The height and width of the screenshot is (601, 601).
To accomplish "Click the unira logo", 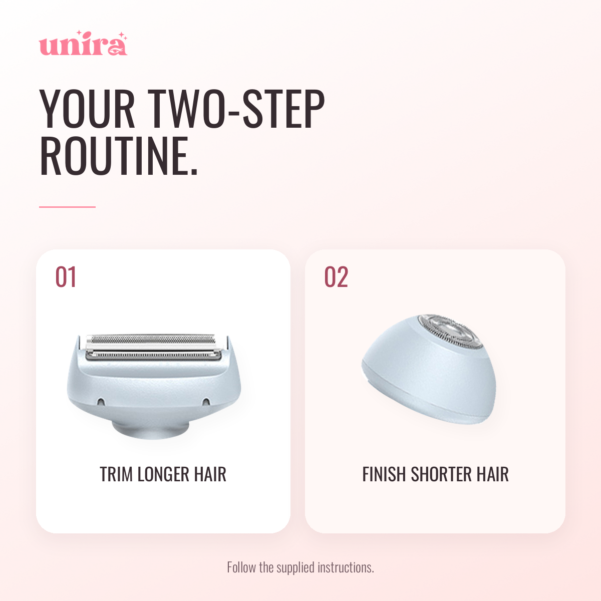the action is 83,44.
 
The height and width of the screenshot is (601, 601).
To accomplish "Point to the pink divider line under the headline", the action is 67,207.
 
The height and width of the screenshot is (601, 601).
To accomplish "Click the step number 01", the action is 66,277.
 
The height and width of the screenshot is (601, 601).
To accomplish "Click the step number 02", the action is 336,277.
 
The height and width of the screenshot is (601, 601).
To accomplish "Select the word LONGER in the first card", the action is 163,474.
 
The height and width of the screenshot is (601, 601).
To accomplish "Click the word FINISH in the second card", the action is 384,474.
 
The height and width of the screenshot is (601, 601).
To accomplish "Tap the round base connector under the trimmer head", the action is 151,428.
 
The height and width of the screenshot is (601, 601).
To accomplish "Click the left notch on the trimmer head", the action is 101,402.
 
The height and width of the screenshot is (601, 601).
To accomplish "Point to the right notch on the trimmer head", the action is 206,402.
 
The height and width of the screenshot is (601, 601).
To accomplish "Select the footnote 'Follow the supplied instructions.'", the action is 300,567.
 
